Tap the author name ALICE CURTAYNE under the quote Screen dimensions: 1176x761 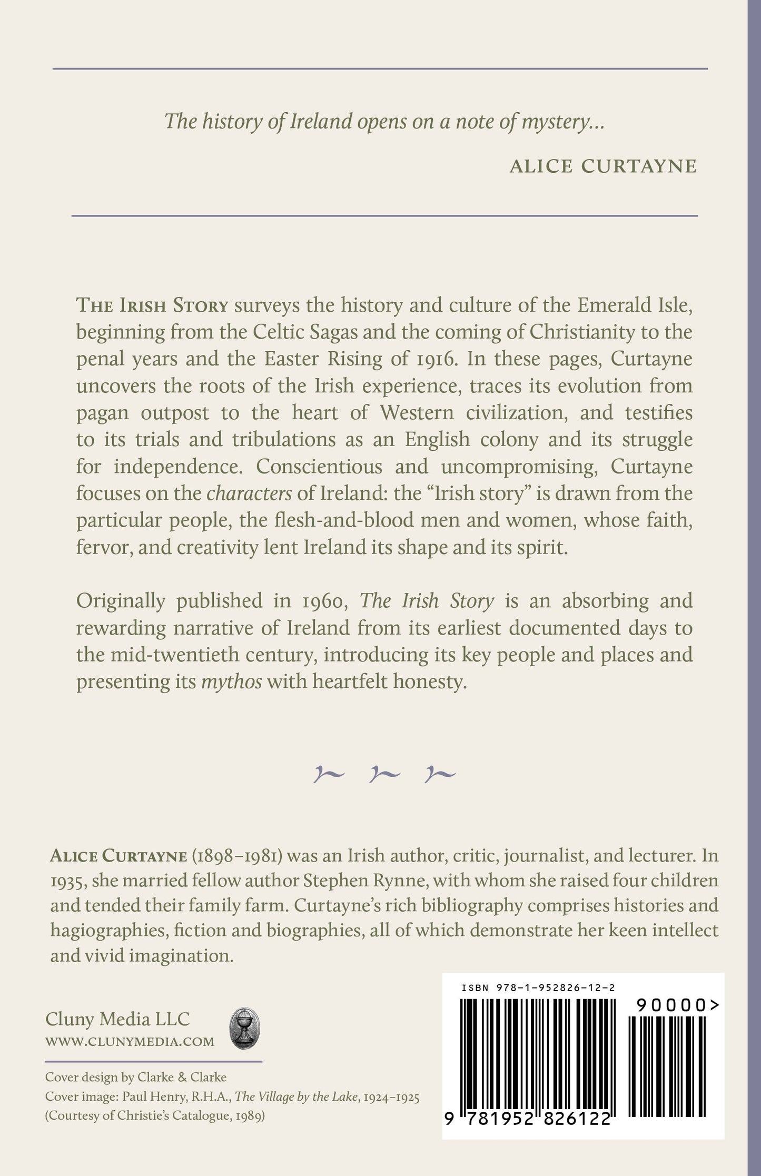point(603,166)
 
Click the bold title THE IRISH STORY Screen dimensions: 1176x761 point(152,305)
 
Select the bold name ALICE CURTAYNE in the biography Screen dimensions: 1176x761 point(118,856)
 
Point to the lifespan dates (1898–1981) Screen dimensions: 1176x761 point(240,856)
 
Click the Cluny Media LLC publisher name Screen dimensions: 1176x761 point(117,1019)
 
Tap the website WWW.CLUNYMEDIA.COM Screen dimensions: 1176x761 point(130,1041)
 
